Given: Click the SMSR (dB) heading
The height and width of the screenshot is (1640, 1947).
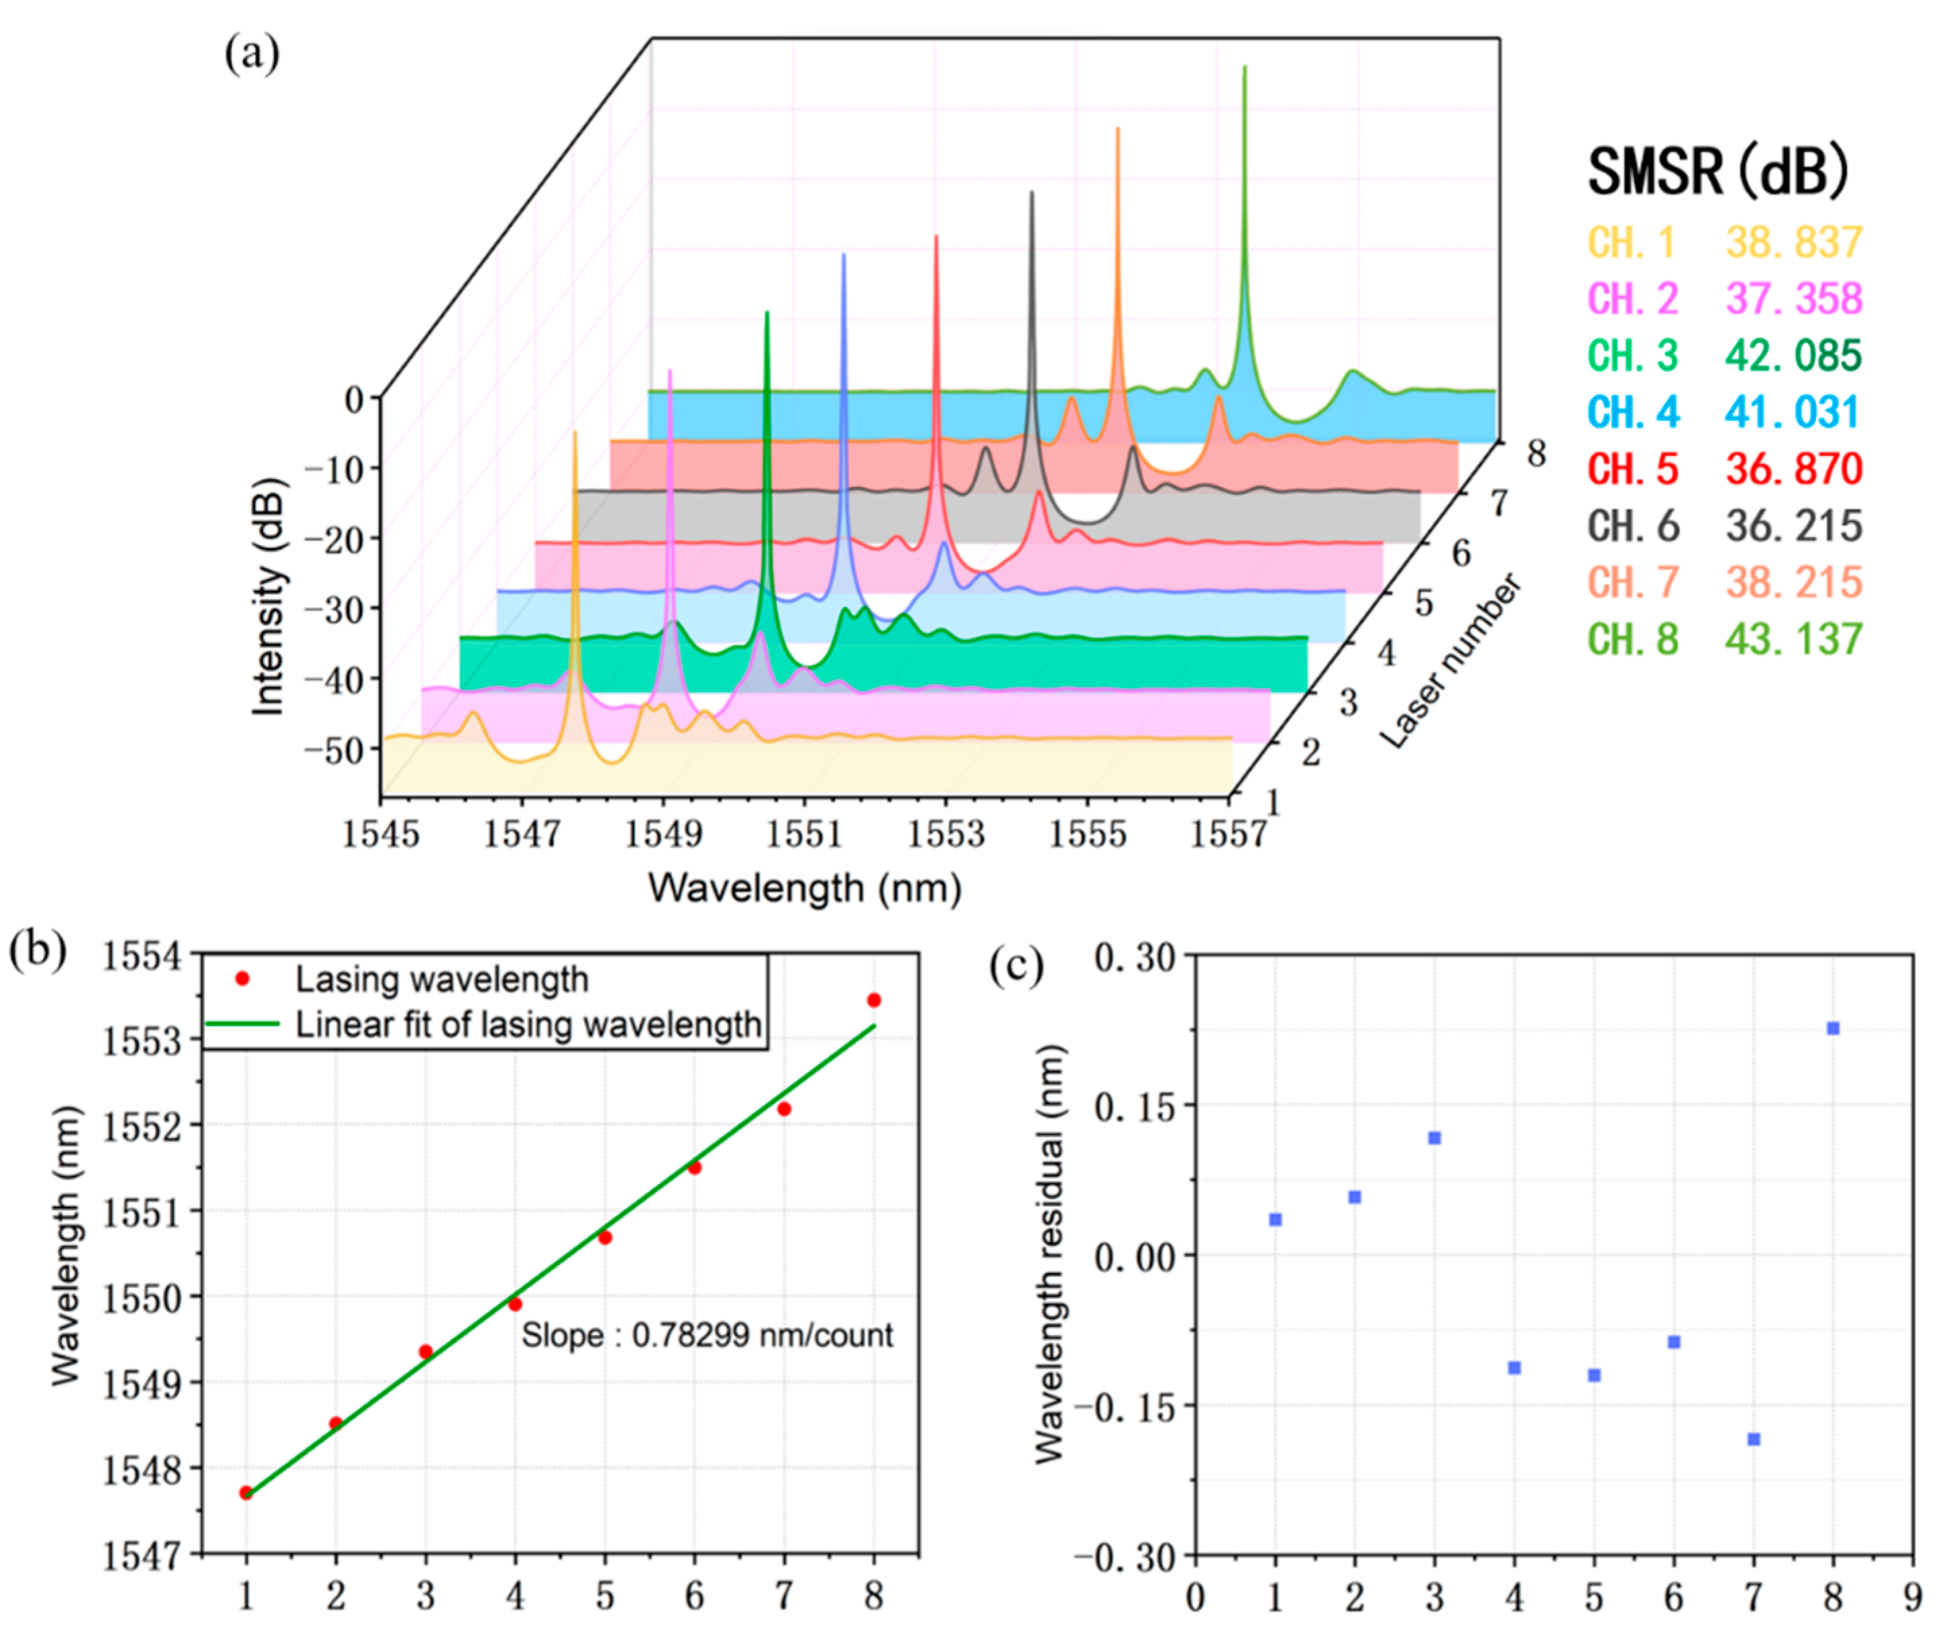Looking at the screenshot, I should (x=1718, y=172).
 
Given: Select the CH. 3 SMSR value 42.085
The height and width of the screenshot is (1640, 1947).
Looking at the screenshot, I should (x=1793, y=355).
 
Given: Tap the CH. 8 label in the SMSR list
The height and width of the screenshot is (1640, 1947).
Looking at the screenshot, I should (x=1633, y=640).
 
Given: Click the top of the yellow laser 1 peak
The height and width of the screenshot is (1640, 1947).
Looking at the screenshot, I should (x=575, y=433).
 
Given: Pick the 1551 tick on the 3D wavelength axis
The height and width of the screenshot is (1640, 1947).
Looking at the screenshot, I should (x=804, y=834).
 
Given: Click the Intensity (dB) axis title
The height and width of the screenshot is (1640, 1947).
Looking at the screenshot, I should (x=268, y=596).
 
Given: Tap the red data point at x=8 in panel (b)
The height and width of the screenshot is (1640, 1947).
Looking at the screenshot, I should (x=873, y=1000).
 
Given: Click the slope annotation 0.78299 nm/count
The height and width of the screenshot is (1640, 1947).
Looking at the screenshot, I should (x=706, y=1335).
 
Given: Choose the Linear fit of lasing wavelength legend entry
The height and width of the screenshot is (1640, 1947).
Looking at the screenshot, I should (x=528, y=1025).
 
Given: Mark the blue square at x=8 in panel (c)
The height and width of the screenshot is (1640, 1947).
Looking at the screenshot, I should (x=1833, y=1028).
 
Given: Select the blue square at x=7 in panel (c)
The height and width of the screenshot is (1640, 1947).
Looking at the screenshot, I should (x=1753, y=1439).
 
